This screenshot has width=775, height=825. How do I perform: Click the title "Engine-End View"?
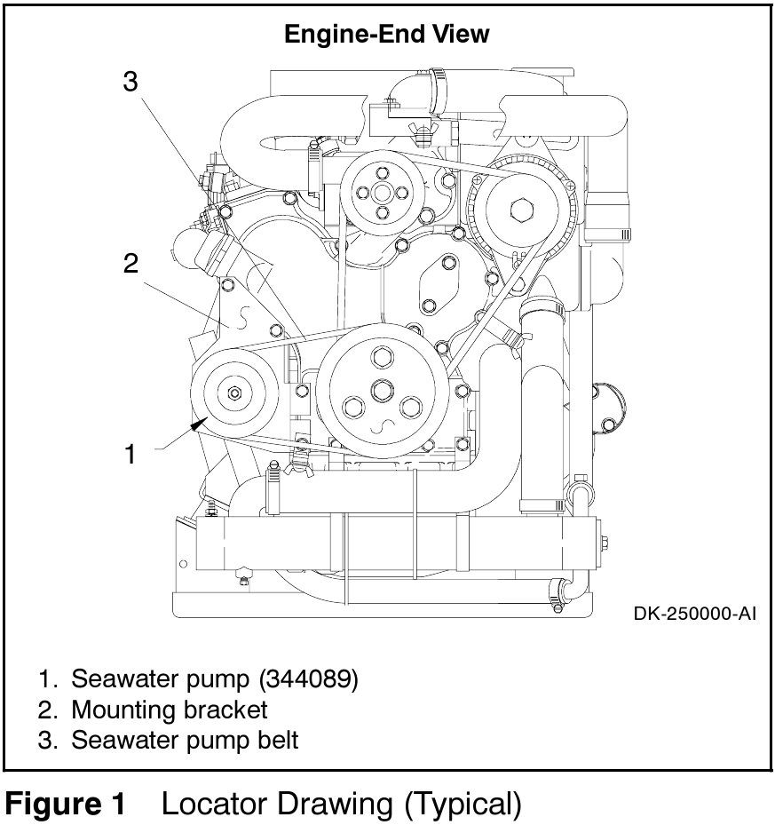[386, 35]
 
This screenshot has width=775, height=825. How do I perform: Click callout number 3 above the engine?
[130, 83]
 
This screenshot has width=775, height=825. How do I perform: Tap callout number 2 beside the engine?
[130, 264]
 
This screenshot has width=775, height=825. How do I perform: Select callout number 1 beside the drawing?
[130, 455]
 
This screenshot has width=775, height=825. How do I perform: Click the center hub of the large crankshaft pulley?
[382, 388]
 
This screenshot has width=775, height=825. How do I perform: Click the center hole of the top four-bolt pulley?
[383, 193]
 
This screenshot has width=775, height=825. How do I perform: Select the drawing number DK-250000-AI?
[695, 613]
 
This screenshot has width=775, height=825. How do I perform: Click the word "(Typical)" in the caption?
[463, 804]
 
